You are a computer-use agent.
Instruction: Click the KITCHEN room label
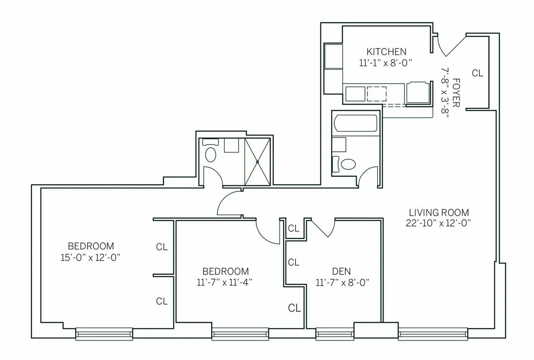coord(386,51)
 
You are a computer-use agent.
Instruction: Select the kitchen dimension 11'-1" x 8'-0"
coord(386,63)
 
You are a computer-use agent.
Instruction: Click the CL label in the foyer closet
coord(477,73)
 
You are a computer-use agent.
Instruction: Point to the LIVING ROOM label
coord(439,212)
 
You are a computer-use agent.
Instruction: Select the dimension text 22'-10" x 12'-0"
coord(439,223)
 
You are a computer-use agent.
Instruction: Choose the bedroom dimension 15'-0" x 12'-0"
coord(91,257)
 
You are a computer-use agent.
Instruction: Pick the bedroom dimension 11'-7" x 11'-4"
coord(226,282)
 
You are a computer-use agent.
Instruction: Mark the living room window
coord(433,333)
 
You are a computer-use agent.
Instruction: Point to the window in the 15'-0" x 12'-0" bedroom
coord(104,333)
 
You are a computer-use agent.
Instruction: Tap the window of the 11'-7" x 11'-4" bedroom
coord(240,333)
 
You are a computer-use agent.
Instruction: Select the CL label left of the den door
coord(294,228)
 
